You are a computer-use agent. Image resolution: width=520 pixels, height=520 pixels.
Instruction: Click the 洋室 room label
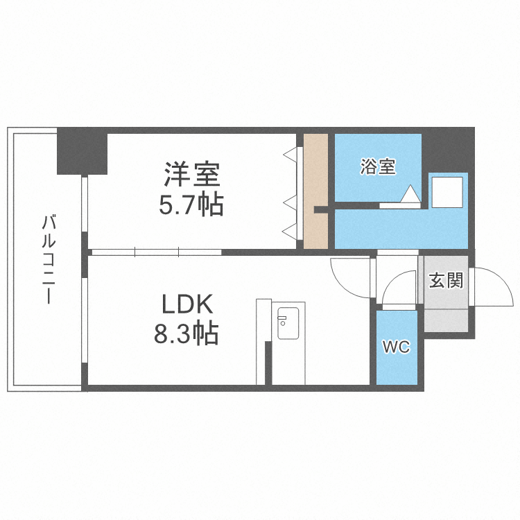[x=192, y=174]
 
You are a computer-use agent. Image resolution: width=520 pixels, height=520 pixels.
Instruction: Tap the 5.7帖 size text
[x=192, y=205]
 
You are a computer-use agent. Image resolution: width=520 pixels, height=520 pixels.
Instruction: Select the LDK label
[x=186, y=305]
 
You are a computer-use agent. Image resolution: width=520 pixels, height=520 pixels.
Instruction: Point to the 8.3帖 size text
[x=186, y=335]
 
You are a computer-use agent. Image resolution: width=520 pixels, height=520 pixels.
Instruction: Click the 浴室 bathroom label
[x=378, y=167]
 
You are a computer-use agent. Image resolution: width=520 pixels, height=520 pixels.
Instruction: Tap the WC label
[x=397, y=347]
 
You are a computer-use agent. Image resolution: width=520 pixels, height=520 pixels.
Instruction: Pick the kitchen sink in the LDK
[x=287, y=323]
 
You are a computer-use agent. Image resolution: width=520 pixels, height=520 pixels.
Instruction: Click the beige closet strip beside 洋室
[x=315, y=191]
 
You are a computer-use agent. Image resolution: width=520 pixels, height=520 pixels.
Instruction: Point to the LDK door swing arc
[x=350, y=277]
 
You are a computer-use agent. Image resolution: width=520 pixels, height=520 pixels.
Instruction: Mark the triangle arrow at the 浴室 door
[x=410, y=193]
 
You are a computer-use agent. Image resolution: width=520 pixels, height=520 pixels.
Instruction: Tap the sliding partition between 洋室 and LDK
[x=156, y=252]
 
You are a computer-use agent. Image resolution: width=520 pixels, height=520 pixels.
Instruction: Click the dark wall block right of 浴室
[x=447, y=149]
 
